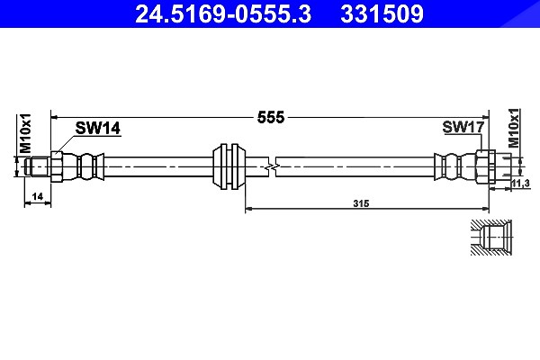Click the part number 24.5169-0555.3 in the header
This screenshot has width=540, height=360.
[x=223, y=14]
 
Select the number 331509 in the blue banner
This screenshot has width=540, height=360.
[x=382, y=14]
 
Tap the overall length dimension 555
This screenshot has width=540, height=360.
[x=271, y=118]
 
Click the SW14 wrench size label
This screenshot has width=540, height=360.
[x=98, y=128]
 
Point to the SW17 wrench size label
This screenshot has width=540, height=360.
[x=463, y=127]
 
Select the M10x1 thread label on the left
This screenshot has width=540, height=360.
[x=25, y=133]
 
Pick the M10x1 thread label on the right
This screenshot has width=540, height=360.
[x=514, y=128]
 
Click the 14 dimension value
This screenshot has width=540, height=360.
[x=37, y=196]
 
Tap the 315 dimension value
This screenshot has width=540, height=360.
[x=361, y=203]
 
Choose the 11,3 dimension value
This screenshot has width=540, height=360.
[x=520, y=184]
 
